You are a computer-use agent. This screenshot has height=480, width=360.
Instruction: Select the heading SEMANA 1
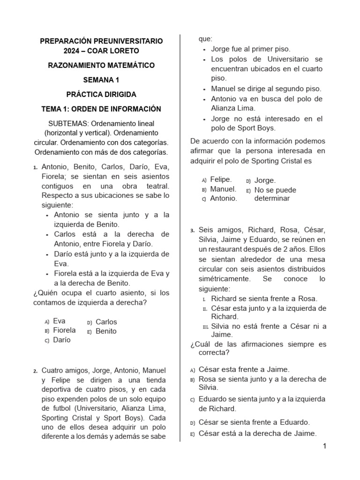pos(101,80)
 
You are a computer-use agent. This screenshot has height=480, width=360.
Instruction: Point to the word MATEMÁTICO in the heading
pos(128,65)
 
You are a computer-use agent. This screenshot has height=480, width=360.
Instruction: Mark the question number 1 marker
pos(36,168)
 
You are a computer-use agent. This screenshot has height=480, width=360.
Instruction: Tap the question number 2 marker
pos(36,371)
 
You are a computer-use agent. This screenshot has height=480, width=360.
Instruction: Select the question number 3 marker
pos(192,231)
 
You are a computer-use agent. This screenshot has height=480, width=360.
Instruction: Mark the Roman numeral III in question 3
pos(205,327)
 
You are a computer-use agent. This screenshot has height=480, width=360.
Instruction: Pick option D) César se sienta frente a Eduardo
pos(254,422)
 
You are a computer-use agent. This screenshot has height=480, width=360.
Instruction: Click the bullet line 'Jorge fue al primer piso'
pos(251,49)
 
